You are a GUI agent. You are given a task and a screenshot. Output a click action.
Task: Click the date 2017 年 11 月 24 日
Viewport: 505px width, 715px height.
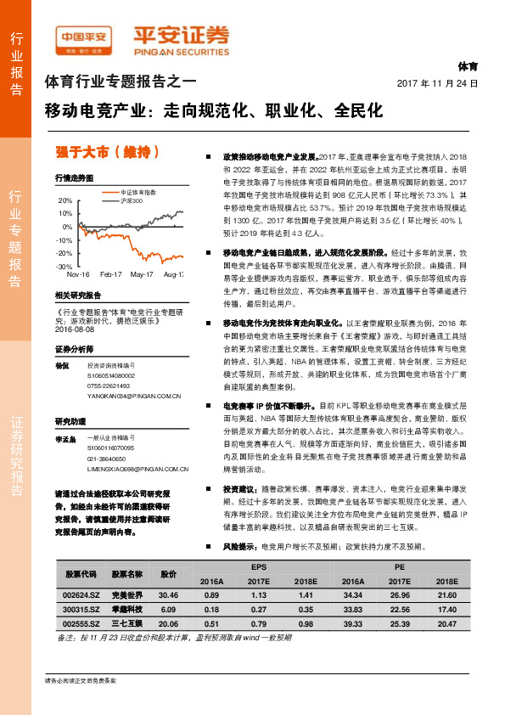438,84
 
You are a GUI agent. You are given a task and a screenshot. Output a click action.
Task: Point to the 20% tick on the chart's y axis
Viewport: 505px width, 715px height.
65,200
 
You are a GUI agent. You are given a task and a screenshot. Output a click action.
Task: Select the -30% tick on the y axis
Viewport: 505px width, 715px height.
65,267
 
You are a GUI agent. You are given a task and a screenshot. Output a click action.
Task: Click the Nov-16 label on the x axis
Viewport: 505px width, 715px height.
78,275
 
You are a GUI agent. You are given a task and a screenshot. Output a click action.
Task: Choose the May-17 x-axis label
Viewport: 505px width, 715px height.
142,275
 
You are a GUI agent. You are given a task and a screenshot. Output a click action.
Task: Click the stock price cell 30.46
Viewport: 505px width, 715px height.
168,594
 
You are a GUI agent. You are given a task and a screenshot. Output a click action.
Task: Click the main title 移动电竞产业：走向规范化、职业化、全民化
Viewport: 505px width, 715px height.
214,110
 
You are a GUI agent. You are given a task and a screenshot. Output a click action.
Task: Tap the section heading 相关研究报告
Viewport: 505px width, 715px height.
77,295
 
